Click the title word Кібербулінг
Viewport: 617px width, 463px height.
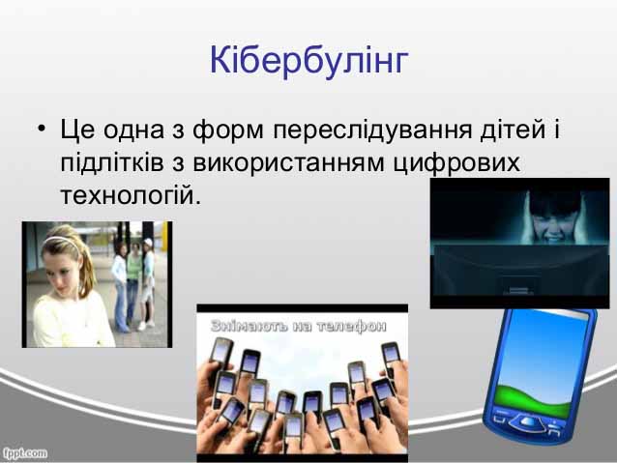click(308, 61)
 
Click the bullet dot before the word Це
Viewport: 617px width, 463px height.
click(42, 129)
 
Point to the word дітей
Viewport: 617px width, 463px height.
click(513, 129)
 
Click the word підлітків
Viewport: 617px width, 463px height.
click(112, 162)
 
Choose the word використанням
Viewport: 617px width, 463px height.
click(288, 163)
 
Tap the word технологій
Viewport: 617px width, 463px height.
click(131, 195)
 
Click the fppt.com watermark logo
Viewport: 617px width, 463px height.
click(25, 453)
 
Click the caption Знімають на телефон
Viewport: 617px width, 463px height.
click(299, 326)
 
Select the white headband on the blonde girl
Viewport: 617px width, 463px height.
click(62, 241)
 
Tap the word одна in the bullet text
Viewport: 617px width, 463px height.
click(133, 130)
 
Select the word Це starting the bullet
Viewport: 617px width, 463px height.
click(77, 130)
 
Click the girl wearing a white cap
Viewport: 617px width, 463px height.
click(147, 284)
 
